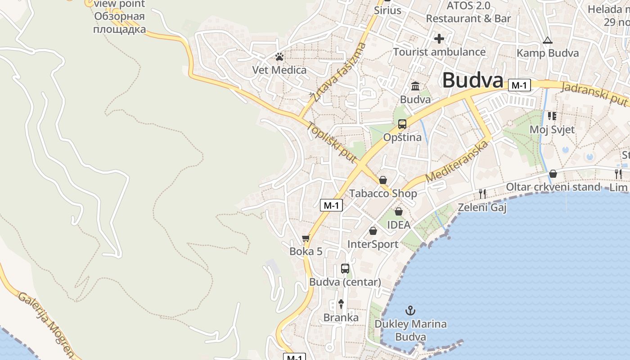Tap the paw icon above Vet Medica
(279, 57)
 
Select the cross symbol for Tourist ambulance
(439, 39)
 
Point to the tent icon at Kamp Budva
(547, 40)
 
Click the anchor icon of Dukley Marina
(410, 310)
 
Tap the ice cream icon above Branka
(341, 304)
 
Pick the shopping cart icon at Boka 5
(306, 238)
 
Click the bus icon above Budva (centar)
(345, 269)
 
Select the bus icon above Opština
(402, 124)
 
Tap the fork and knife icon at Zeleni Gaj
(482, 194)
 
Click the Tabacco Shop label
(383, 194)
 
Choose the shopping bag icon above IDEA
(399, 211)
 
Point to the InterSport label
(373, 244)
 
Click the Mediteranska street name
(457, 162)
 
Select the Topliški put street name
(332, 142)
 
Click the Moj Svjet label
(552, 130)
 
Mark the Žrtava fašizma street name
(338, 72)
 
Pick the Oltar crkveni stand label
(553, 187)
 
